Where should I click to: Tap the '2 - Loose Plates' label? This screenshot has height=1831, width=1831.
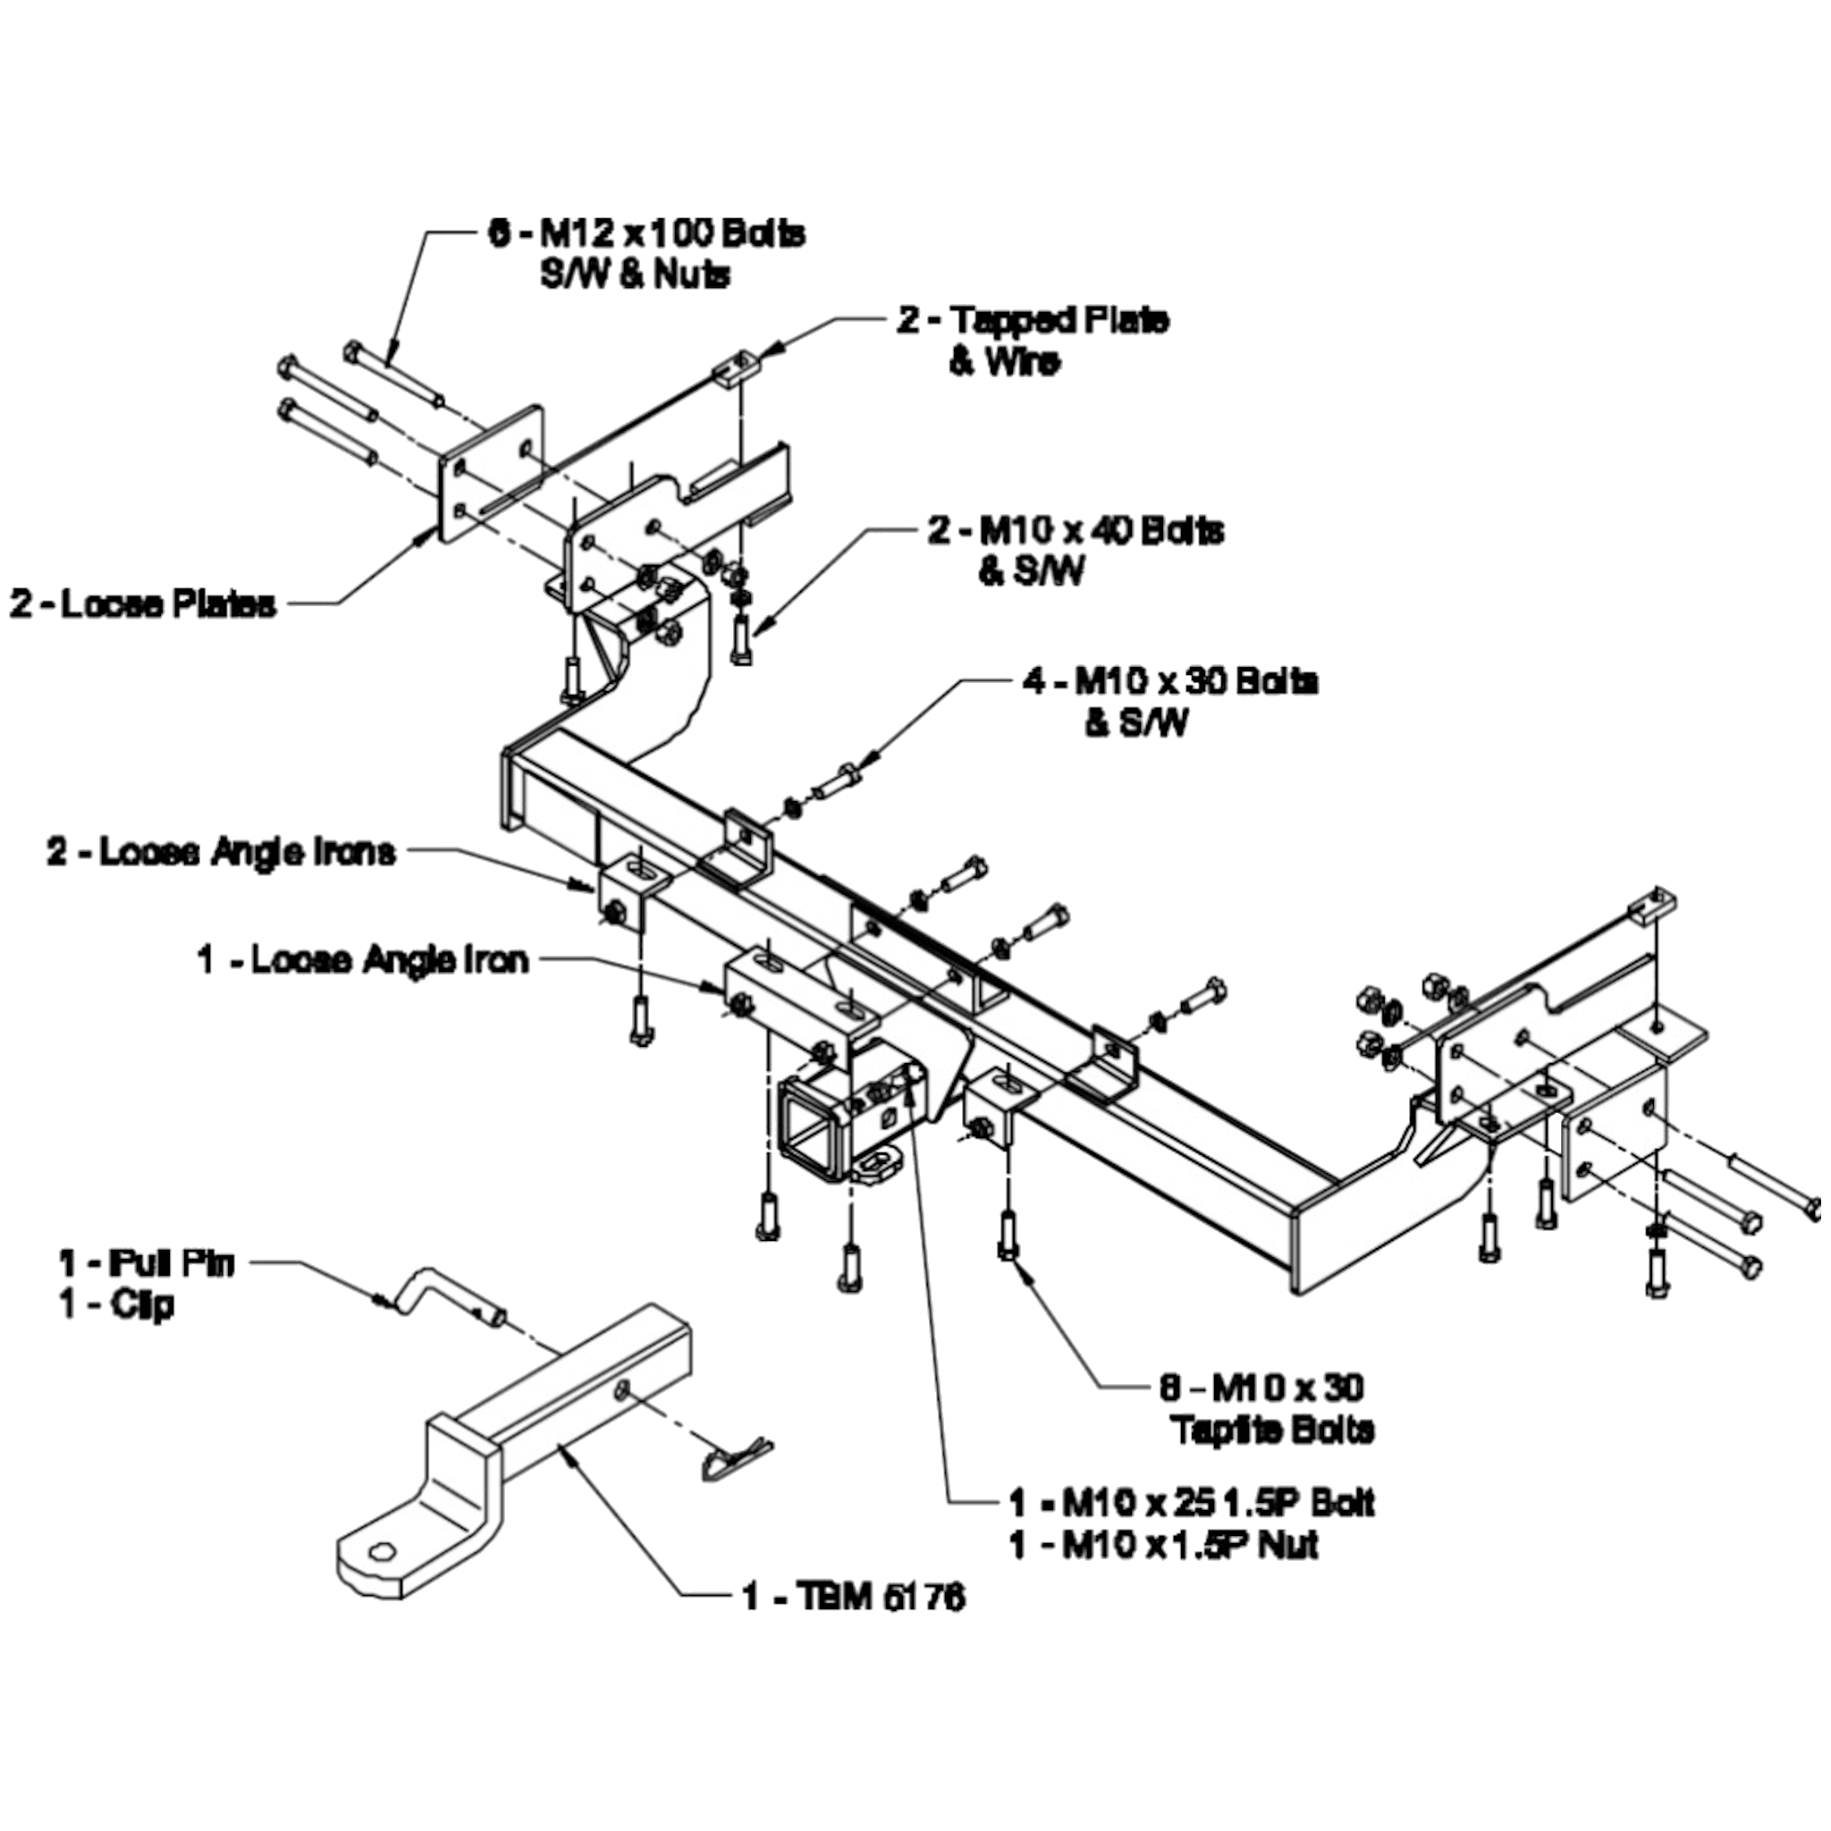(x=143, y=603)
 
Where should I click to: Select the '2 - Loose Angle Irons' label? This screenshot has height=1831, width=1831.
(x=221, y=852)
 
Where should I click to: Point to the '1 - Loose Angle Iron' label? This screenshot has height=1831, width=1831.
(x=362, y=960)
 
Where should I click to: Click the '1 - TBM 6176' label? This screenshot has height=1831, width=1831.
(x=853, y=1597)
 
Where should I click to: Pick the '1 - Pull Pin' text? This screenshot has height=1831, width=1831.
(x=146, y=1263)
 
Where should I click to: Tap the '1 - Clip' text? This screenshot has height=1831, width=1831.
(x=116, y=1305)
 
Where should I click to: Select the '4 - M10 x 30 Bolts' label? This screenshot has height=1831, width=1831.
(x=1169, y=681)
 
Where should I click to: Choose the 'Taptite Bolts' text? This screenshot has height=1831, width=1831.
(x=1273, y=1430)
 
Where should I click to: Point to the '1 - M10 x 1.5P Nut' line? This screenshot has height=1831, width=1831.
(x=1164, y=1546)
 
